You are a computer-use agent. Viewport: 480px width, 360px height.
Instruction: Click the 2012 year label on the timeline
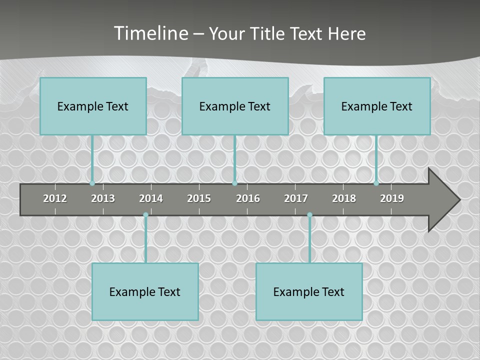[55, 198]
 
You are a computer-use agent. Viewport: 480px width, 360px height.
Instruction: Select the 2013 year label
[103, 198]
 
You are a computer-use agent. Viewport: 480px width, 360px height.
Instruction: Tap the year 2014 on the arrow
[151, 198]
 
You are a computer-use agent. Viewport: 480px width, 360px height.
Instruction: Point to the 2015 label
[199, 198]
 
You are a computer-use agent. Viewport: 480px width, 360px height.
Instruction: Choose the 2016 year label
[248, 198]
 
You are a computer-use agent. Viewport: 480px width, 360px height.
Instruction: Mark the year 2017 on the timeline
[296, 198]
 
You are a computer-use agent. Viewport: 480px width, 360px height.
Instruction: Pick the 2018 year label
[344, 198]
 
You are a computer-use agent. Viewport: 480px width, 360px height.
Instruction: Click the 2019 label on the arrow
[392, 198]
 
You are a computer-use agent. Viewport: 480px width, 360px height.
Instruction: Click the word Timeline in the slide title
[150, 33]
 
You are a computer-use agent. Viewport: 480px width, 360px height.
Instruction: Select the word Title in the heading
[268, 33]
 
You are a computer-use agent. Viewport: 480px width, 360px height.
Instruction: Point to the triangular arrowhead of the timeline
[443, 200]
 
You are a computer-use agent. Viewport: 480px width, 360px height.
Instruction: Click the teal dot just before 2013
[92, 183]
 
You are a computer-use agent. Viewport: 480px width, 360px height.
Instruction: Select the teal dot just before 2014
[145, 215]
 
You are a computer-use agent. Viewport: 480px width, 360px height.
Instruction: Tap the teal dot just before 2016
[234, 183]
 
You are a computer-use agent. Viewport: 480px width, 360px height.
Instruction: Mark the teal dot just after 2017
[309, 215]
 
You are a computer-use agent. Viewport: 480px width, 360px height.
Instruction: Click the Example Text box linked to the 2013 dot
[93, 106]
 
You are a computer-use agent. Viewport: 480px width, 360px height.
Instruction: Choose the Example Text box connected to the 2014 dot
[145, 291]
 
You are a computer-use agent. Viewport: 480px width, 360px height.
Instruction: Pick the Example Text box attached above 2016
[235, 106]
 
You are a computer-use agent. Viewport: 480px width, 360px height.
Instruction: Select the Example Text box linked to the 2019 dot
[377, 106]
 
